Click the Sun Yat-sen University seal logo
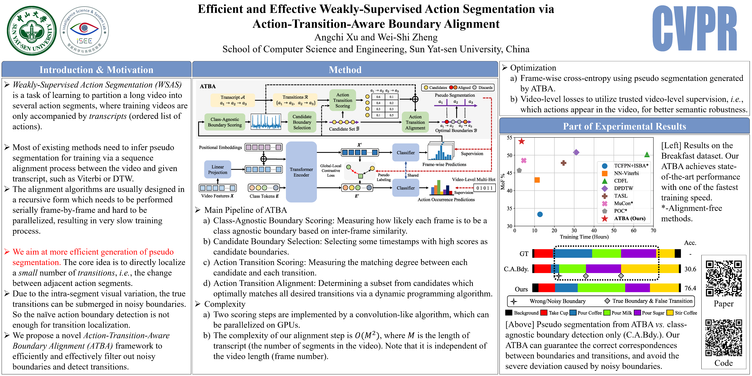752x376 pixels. click(32, 31)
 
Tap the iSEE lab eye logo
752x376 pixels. click(84, 31)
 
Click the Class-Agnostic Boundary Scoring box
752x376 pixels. click(225, 122)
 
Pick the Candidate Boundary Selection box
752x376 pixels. click(302, 122)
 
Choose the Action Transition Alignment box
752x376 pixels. click(415, 122)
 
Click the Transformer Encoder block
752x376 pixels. click(301, 172)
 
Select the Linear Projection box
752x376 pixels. click(218, 169)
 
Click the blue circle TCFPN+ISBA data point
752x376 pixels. click(540, 214)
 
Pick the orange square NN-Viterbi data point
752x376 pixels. click(537, 180)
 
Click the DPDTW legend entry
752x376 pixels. click(623, 188)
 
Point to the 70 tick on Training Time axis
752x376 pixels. click(653, 231)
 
